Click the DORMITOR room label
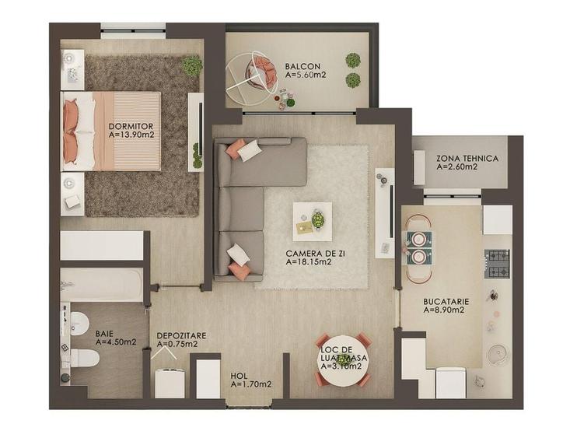coord(131,125)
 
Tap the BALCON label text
coord(299,65)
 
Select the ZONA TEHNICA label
coord(467,157)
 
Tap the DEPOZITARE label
coord(181,335)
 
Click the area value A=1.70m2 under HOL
coord(251,384)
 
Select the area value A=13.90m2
coord(131,134)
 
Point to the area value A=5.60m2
coord(305,75)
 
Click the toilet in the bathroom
coord(83,359)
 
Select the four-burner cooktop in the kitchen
coord(496,264)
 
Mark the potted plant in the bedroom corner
coord(192,66)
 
